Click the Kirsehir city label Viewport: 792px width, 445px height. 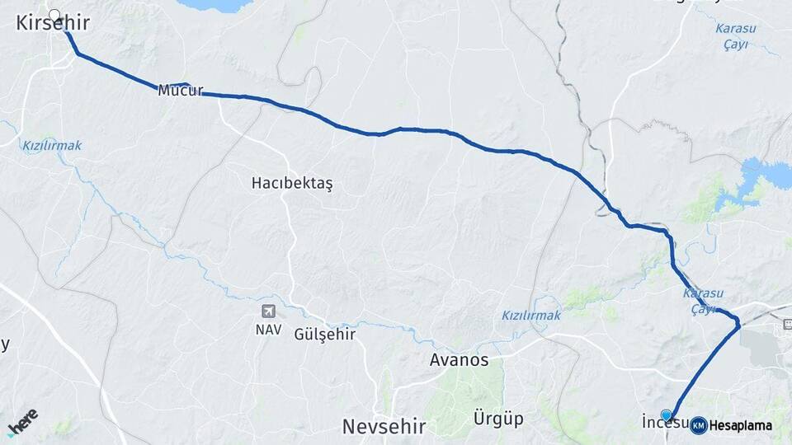tap(53, 24)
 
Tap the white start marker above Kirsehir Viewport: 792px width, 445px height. tap(55, 15)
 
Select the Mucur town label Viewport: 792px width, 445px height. tap(180, 91)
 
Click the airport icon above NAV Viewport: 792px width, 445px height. tap(268, 311)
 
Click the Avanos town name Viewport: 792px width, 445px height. tap(460, 360)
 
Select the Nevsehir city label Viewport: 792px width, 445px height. tap(384, 426)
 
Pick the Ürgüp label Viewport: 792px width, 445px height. tap(498, 419)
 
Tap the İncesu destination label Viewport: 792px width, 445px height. tap(665, 424)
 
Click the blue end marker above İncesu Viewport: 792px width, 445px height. tap(667, 415)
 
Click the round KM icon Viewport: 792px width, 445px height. tap(698, 425)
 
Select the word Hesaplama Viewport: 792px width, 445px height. tap(740, 425)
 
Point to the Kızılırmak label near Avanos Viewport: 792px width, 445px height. tap(530, 316)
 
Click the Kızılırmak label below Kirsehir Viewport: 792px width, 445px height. tap(52, 146)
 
